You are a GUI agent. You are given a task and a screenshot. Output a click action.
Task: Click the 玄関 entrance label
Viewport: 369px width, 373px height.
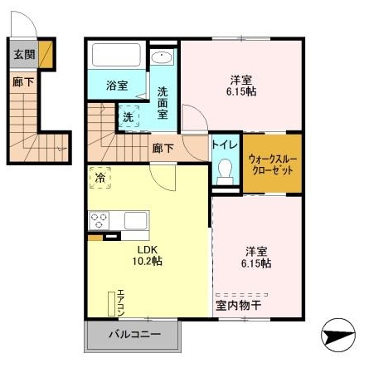[24, 56]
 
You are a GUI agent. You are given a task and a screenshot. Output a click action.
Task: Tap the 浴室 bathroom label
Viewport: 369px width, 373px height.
[117, 86]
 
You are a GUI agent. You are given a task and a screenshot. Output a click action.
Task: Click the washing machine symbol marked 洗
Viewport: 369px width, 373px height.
[129, 117]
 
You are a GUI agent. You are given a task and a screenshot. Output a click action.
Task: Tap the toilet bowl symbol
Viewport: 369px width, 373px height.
[224, 170]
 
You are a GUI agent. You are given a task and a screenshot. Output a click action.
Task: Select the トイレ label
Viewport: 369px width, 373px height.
[225, 144]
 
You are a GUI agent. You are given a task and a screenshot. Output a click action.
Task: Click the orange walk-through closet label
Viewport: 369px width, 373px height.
[272, 162]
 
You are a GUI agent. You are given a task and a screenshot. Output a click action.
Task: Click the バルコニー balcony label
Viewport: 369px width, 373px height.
[133, 336]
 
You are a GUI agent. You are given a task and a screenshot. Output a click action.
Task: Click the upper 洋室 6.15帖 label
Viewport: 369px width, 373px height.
[243, 86]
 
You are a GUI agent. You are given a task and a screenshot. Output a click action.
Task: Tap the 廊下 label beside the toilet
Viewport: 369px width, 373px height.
[163, 148]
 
